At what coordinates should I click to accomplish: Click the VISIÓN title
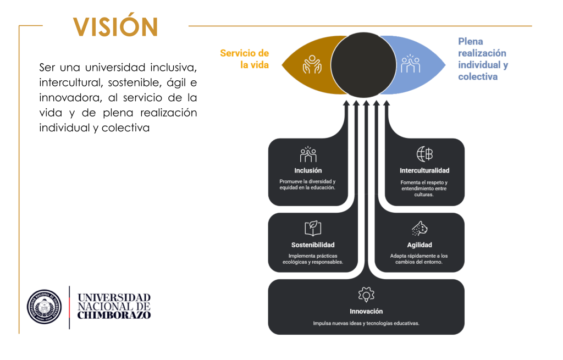[116, 26]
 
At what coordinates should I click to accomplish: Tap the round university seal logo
[45, 307]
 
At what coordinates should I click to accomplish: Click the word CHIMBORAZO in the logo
[114, 315]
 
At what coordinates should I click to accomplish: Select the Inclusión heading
[308, 170]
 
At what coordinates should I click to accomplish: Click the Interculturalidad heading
[424, 170]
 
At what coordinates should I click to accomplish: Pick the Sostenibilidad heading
[313, 245]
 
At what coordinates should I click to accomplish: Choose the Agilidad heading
[420, 245]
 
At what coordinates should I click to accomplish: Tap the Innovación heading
[366, 311]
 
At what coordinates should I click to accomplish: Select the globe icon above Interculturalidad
[424, 154]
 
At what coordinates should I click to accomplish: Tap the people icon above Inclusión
[308, 154]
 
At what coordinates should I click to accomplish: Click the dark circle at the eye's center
[365, 65]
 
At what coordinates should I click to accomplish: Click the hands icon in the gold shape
[312, 64]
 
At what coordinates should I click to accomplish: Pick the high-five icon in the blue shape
[410, 64]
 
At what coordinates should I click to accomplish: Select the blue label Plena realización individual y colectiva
[482, 59]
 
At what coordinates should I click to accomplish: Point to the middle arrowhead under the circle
[366, 103]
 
